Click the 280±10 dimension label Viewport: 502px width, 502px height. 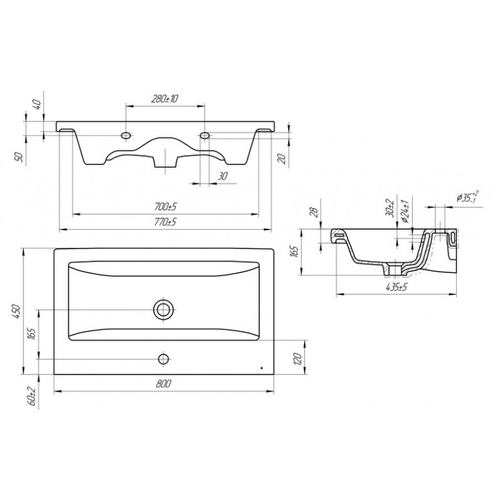tap(164, 99)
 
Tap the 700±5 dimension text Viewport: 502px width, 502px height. tap(165, 207)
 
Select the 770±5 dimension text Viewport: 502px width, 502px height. tap(165, 222)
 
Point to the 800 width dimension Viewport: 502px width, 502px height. tap(164, 383)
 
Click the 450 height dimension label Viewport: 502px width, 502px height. tap(16, 311)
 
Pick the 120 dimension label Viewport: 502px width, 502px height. tap(297, 358)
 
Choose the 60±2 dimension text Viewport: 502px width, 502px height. tap(32, 396)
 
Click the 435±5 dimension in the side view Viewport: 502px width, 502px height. tap(397, 287)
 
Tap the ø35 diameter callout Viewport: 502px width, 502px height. tap(467, 196)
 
